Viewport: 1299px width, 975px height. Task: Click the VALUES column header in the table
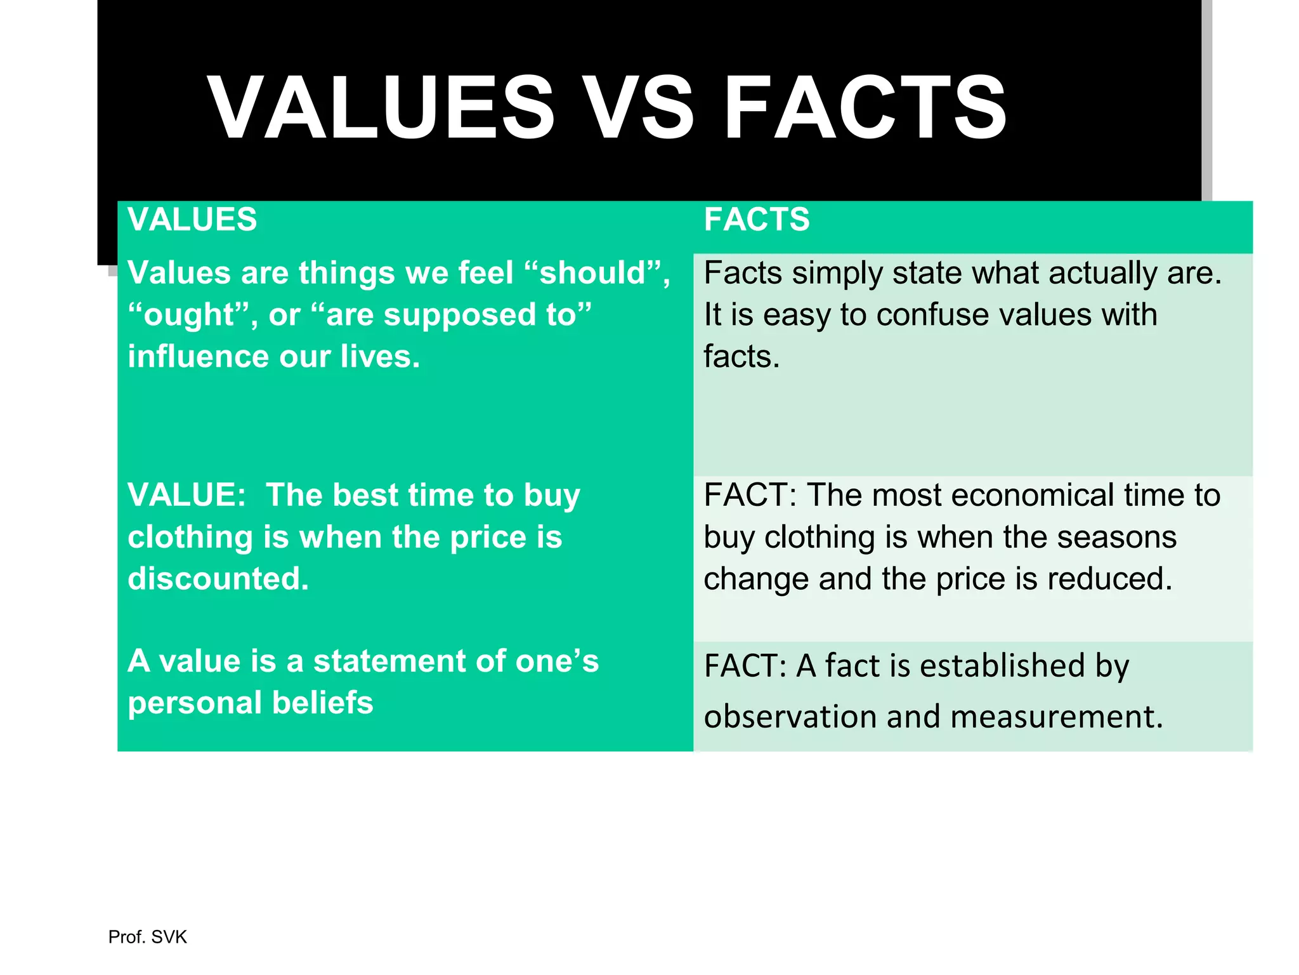click(192, 220)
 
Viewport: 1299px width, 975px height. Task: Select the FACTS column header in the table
click(757, 220)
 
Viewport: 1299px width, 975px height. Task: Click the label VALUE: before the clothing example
click(186, 495)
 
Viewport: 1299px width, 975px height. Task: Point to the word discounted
click(218, 579)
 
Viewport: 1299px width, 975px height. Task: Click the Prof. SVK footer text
click(147, 937)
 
